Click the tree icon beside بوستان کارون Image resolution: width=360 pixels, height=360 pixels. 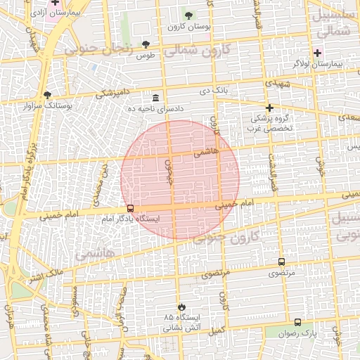point(188,15)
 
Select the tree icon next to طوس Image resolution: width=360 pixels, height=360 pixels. point(146,44)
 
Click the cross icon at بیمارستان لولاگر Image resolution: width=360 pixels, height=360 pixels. point(317,53)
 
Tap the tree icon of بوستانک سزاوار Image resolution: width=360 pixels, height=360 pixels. point(47,94)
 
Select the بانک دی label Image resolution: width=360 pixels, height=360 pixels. point(215,91)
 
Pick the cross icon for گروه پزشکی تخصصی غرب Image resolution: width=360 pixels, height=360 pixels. point(269,108)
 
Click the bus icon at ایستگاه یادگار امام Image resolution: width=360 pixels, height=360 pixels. point(130,208)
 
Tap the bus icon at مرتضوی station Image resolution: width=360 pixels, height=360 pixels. point(282,262)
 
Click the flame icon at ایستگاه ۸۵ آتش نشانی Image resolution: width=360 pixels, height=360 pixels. point(181,307)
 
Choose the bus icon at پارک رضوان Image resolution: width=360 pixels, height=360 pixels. point(297,322)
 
